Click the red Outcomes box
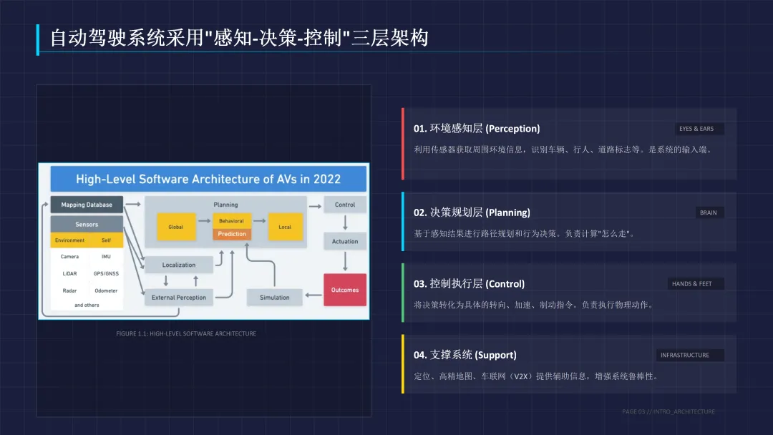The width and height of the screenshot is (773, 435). tap(345, 290)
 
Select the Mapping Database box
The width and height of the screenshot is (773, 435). tap(87, 205)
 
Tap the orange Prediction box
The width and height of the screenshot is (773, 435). tap(232, 234)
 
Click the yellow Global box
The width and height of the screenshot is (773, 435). tap(176, 227)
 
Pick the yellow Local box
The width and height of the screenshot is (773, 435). tap(285, 227)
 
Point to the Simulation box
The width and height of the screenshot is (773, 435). tap(275, 297)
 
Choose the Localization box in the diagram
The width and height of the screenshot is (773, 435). tap(179, 265)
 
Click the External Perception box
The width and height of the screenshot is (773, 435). tap(179, 297)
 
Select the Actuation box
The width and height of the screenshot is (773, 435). tap(345, 241)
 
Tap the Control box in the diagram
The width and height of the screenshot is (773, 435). tap(345, 205)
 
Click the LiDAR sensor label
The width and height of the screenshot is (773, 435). tap(69, 273)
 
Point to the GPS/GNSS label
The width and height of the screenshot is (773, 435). tap(106, 273)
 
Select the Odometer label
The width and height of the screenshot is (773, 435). tap(106, 290)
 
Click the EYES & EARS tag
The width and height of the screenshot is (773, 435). tap(696, 129)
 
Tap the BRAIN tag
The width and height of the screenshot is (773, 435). tap(708, 212)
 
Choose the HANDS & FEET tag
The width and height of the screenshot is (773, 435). tap(691, 284)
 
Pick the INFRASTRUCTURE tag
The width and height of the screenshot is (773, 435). tap(685, 355)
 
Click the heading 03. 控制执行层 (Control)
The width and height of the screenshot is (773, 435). tap(469, 284)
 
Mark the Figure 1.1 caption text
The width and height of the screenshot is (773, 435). tap(186, 333)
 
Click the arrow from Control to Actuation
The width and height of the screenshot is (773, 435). tap(345, 223)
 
